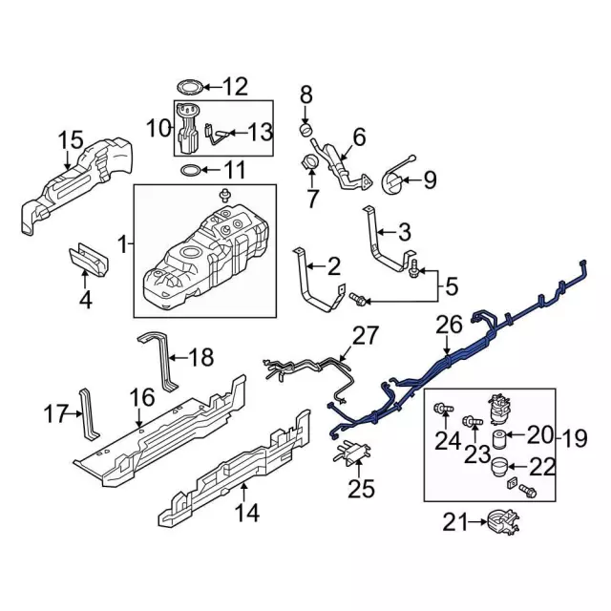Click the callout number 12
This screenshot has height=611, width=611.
[x=234, y=87]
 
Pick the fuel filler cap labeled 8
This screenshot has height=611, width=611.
[x=306, y=129]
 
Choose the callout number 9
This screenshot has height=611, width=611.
[x=429, y=178]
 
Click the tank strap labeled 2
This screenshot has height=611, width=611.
[x=311, y=285]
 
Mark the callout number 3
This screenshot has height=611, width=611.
[x=405, y=230]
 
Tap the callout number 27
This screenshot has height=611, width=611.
[x=365, y=336]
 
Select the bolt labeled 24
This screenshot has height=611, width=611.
[x=443, y=411]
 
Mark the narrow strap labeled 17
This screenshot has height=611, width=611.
[x=88, y=411]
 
